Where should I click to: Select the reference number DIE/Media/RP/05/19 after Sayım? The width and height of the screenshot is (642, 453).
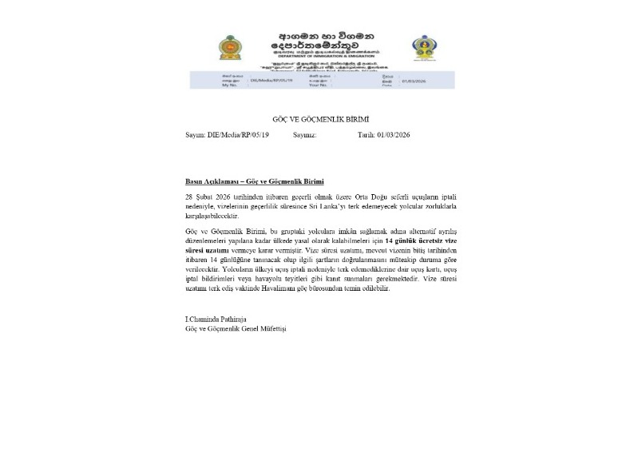click(238, 135)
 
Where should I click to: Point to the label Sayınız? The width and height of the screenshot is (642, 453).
click(305, 135)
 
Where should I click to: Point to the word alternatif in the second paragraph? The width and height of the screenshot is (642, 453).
click(405, 231)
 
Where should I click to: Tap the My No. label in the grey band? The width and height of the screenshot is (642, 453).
click(229, 85)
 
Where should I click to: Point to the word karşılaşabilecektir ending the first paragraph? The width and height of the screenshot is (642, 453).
click(214, 214)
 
